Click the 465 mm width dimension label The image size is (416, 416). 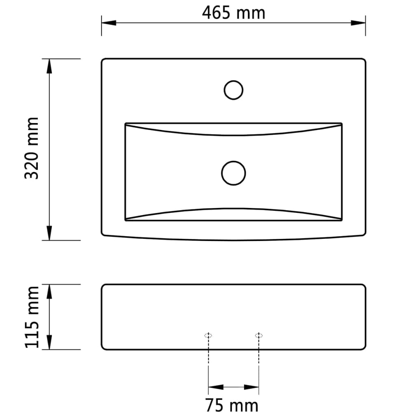tap(234, 13)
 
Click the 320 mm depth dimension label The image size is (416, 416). tap(32, 148)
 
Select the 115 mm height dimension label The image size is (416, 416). tap(32, 317)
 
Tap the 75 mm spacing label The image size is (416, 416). tap(231, 405)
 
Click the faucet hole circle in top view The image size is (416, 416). tap(234, 90)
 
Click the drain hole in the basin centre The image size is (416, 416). tap(234, 173)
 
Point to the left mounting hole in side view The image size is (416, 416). tap(208, 336)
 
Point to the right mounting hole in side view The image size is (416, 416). tap(259, 336)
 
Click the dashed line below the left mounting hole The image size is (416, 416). tap(208, 351)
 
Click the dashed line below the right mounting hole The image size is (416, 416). tap(259, 351)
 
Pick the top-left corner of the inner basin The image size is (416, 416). tap(125, 123)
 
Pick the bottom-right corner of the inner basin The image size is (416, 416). tap(342, 220)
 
